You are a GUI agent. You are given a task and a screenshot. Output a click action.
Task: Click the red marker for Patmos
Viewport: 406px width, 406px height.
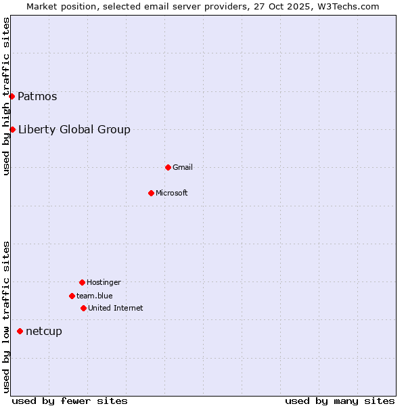coord(12,96)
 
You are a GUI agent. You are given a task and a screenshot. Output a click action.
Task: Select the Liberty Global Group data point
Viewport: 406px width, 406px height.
coord(12,129)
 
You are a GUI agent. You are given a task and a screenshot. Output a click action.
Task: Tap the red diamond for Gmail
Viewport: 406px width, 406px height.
coord(168,167)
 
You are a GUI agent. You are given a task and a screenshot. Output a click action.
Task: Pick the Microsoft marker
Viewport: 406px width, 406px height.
coord(151,193)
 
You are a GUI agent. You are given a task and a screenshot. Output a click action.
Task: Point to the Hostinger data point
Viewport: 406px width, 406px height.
coord(82,282)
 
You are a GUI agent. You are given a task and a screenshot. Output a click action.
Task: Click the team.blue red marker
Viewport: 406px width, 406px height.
coord(72,296)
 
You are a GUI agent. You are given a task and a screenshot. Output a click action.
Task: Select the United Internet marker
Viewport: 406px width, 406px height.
coord(83,308)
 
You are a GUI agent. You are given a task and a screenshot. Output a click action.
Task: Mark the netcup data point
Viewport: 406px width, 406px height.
coord(20,331)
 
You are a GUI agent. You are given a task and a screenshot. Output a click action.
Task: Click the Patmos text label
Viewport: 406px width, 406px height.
coord(37,96)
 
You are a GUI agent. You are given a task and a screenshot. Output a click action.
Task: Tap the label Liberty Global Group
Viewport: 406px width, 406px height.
coord(74,129)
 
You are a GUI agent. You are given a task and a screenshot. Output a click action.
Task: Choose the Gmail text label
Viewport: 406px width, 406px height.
coord(183,167)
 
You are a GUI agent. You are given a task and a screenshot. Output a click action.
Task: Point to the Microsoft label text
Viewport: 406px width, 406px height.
coord(172,193)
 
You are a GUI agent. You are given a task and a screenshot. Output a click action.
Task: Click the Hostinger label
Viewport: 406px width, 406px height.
coord(104,282)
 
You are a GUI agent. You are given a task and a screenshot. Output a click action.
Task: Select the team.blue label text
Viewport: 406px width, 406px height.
coord(95,296)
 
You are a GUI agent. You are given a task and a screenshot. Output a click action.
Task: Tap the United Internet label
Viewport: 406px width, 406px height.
coord(116,308)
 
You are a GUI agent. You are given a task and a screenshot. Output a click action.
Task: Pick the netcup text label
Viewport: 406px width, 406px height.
coord(44,331)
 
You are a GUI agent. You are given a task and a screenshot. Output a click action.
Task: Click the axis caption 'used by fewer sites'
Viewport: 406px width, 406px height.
coord(70,401)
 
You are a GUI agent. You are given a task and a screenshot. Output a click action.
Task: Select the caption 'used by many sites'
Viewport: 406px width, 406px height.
coord(340,401)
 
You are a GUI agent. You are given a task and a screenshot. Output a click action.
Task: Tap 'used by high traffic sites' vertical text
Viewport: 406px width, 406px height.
coord(6,96)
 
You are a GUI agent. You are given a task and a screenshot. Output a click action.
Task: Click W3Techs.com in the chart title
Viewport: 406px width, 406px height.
coord(346,6)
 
